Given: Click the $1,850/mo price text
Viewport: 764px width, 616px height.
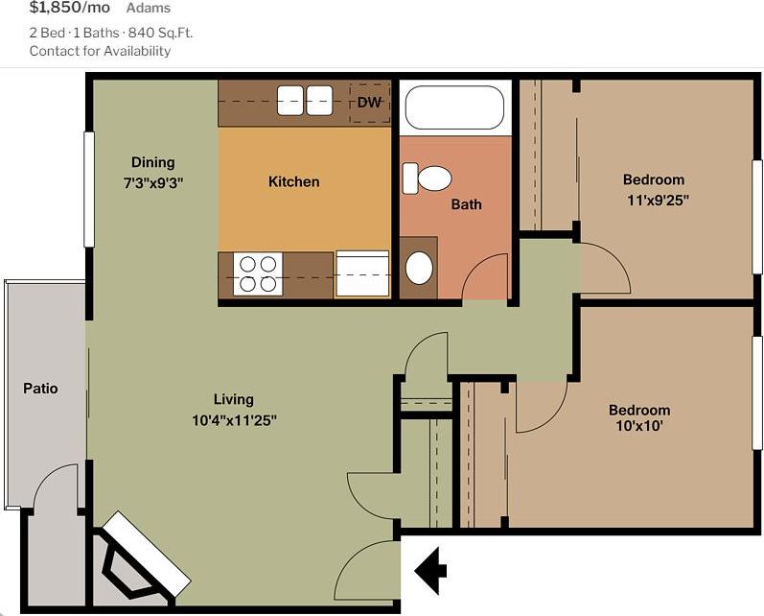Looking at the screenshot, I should pos(70,8).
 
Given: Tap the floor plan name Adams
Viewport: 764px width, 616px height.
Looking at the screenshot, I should pos(149,9).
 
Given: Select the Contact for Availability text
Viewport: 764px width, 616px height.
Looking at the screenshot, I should pos(100,51).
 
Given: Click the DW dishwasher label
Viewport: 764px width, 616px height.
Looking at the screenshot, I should pos(369,103).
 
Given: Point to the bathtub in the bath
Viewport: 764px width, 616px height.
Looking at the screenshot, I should pos(454,107).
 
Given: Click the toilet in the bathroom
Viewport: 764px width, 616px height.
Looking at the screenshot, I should pos(427,178).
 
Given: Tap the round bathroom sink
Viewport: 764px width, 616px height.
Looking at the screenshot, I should pos(419,268).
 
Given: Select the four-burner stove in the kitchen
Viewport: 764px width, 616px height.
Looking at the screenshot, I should pos(259,274).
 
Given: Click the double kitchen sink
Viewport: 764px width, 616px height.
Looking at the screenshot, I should pos(305,100).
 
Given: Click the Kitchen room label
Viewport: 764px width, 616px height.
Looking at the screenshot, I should pos(293,181).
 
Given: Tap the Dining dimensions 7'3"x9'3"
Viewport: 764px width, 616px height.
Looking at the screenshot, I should pos(153,181).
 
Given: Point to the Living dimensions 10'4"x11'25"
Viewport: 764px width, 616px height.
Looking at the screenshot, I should pos(234,419).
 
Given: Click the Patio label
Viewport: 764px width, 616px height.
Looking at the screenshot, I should pos(40,389).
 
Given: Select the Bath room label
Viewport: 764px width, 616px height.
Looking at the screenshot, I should pos(466,204).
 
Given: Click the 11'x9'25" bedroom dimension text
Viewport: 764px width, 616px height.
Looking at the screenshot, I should pos(657,200).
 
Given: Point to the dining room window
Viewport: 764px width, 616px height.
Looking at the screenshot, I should pos(89,189).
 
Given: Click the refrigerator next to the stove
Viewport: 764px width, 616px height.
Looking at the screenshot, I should pos(362,274).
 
